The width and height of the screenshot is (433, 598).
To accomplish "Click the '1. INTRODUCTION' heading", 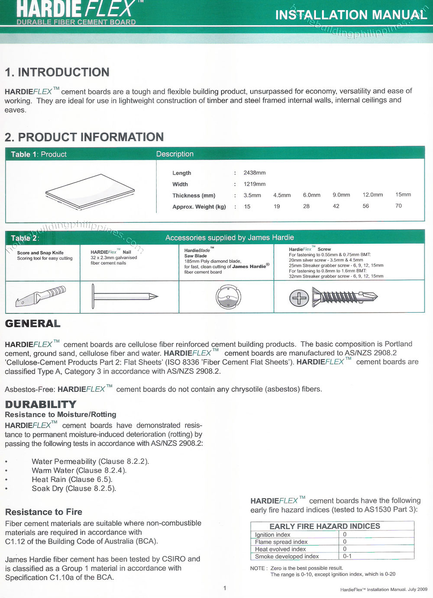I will click(57, 72).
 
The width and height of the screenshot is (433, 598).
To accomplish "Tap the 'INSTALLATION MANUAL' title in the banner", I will click(351, 15).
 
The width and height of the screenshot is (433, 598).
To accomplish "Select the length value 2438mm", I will click(254, 173).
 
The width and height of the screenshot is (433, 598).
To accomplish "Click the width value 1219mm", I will click(254, 184).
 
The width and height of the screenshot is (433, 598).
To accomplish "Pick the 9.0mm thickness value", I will click(341, 195).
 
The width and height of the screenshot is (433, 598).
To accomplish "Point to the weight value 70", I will click(398, 206).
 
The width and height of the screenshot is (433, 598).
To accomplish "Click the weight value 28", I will click(306, 206).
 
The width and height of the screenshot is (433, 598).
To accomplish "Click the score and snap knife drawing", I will click(41, 297).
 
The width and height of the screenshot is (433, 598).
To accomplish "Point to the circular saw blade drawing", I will click(228, 297).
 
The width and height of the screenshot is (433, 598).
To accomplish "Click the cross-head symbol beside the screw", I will click(299, 297).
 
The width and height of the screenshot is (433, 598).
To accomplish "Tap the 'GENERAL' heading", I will click(32, 323).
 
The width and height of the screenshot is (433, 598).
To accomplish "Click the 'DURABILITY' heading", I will click(40, 404).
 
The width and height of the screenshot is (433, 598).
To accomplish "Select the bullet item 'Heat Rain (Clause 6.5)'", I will click(72, 479).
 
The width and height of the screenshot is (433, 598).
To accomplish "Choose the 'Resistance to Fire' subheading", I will click(43, 512).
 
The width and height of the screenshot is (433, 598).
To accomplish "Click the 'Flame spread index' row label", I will click(281, 542).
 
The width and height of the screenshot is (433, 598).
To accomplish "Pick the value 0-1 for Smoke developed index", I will click(347, 556).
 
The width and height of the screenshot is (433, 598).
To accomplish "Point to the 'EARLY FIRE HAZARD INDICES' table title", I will click(325, 526).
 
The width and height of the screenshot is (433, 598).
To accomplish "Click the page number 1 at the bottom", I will click(225, 588).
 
